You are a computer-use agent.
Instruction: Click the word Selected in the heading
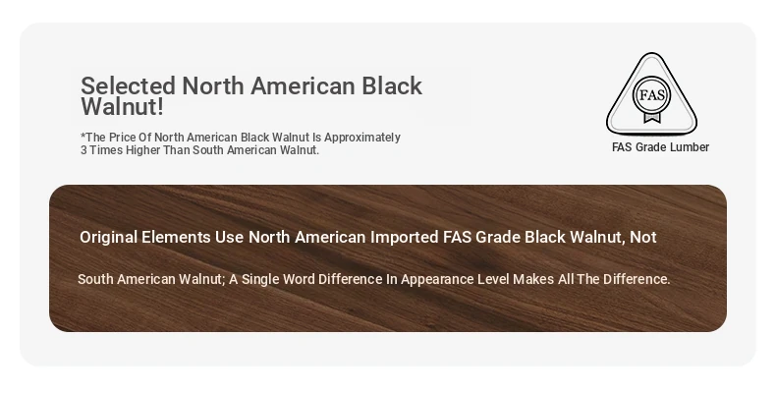[x=128, y=85]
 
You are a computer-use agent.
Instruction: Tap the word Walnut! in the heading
[x=122, y=107]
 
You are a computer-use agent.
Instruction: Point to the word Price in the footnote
[x=122, y=138]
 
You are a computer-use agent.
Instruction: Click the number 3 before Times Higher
[x=83, y=150]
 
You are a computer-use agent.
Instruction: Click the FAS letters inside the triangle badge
[x=652, y=94]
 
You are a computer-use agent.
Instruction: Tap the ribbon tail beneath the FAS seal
[x=652, y=117]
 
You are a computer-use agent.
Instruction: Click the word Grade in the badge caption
[x=652, y=147]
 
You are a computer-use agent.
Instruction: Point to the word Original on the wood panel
[x=108, y=237]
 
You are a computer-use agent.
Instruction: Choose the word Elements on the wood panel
[x=176, y=237]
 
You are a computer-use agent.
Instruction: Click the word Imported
[x=405, y=237]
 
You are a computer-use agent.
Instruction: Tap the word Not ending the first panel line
[x=642, y=237]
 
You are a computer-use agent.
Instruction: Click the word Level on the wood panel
[x=493, y=279]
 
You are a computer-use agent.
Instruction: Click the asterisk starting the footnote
[x=83, y=135]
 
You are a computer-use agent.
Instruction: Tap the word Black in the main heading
[x=392, y=85]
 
